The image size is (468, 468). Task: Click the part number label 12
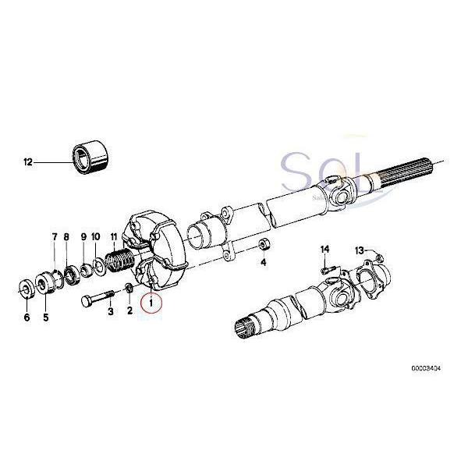click(x=29, y=163)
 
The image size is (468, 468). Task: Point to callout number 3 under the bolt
click(x=110, y=311)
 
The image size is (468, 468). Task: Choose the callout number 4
click(x=263, y=263)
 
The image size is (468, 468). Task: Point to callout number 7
click(x=55, y=236)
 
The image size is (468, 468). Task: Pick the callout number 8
click(x=67, y=236)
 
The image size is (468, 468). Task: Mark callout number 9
click(x=83, y=236)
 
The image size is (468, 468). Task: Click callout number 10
click(x=96, y=236)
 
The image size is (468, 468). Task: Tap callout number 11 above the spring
click(x=114, y=236)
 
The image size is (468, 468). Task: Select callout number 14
click(x=325, y=249)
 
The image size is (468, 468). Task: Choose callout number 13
click(x=360, y=250)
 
